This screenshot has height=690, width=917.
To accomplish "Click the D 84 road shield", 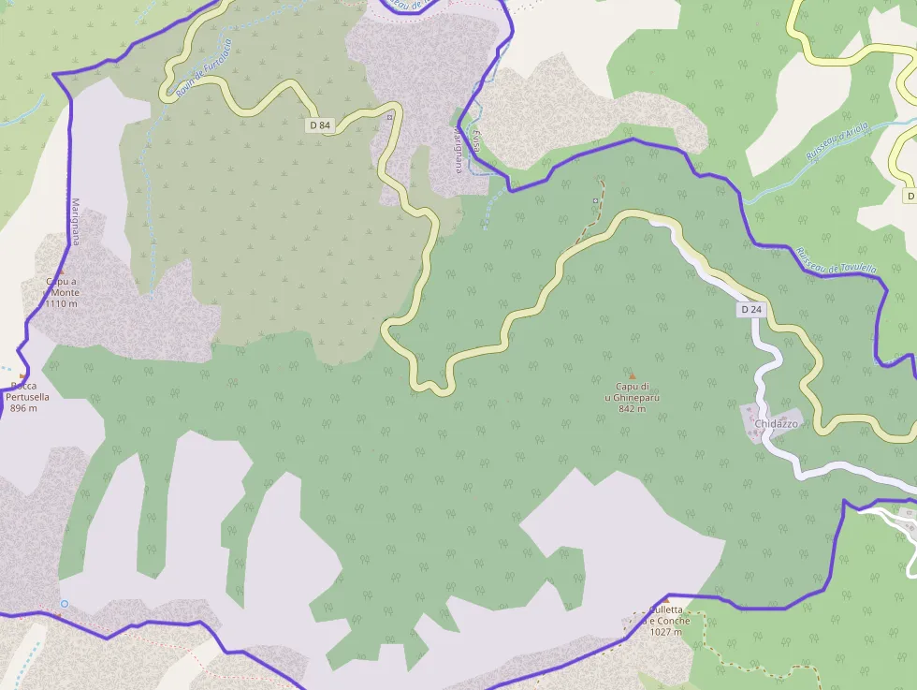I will (x=320, y=125).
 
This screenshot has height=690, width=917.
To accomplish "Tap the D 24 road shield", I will (x=751, y=309).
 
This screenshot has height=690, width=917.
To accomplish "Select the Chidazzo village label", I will (x=776, y=423).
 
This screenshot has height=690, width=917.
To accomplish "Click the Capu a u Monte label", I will (x=62, y=286).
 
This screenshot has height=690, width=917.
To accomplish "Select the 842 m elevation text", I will (x=633, y=408).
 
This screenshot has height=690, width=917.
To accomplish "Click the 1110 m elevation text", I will (x=62, y=303).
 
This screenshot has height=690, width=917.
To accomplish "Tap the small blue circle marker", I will (x=65, y=604).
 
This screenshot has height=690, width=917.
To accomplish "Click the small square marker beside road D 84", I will (x=390, y=117).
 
